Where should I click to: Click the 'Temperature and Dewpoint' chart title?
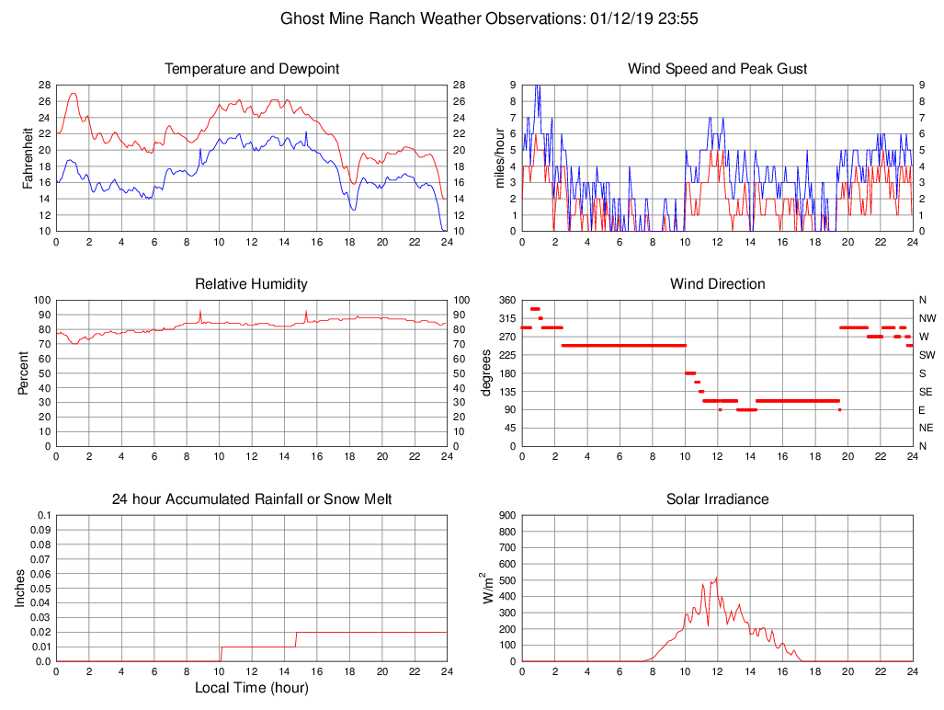(252, 69)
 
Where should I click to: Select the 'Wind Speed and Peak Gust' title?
(717, 69)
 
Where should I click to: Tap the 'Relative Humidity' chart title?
(252, 284)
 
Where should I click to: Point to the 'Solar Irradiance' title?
(717, 499)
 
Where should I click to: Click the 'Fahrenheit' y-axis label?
(28, 157)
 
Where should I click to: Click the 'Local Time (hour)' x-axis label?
(252, 688)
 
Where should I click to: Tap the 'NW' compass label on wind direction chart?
(927, 318)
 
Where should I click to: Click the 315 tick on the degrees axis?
(505, 318)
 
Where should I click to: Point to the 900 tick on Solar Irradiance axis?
(505, 515)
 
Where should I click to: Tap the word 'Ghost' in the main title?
(301, 18)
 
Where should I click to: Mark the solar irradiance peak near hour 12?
(716, 578)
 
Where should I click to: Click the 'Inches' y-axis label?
(20, 589)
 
